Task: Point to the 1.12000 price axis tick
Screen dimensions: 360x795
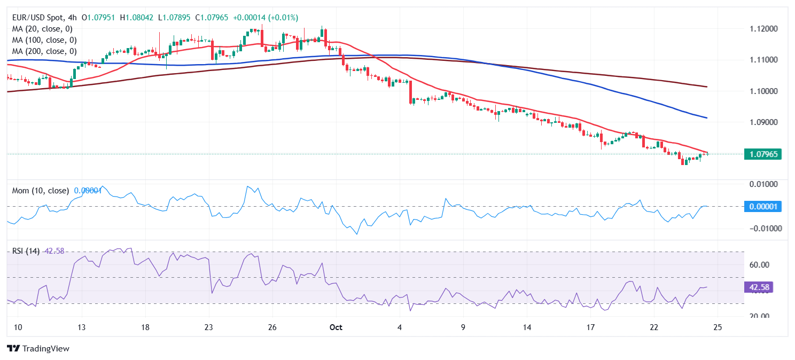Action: click(x=762, y=28)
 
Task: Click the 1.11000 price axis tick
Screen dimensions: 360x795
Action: click(x=762, y=59)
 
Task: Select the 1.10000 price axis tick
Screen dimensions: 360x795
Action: click(x=762, y=91)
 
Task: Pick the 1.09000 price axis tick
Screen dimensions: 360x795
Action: click(x=762, y=122)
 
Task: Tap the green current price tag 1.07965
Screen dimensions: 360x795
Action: click(x=762, y=154)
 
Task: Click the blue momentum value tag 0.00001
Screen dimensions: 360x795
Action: click(x=762, y=206)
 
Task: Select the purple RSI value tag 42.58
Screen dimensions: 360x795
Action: click(x=759, y=287)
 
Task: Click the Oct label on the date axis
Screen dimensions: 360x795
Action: click(x=336, y=327)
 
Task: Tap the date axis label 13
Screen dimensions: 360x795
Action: click(x=81, y=327)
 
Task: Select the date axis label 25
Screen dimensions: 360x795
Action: click(x=718, y=327)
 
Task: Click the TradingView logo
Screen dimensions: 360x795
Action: click(x=38, y=348)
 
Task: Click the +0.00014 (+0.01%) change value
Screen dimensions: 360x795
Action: click(x=264, y=18)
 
